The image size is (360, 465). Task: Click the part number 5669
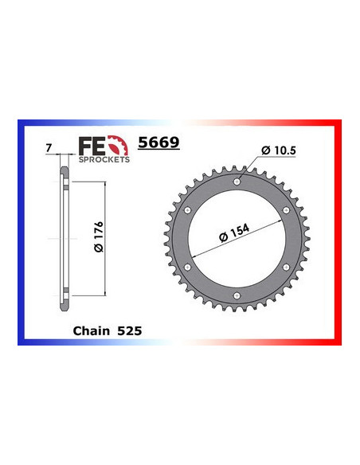159,143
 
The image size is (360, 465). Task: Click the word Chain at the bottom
91,330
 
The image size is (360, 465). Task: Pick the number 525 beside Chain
130,330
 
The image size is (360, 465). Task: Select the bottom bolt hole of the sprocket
237,295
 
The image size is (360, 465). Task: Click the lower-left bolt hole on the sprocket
188,267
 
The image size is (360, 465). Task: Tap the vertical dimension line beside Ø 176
103,239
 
